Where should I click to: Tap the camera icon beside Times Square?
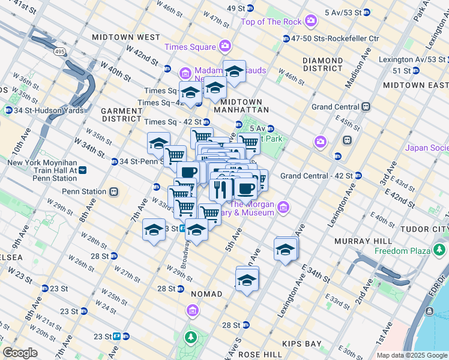pyautogui.click(x=224, y=46)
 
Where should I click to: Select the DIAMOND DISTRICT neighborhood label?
pyautogui.click(x=323, y=65)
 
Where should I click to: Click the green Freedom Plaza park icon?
pyautogui.click(x=442, y=250)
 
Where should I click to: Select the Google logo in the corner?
pyautogui.click(x=20, y=353)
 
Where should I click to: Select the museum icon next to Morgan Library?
pyautogui.click(x=283, y=208)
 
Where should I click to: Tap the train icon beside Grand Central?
pyautogui.click(x=365, y=107)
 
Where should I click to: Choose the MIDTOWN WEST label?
pyautogui.click(x=126, y=37)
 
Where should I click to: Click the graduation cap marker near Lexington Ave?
pyautogui.click(x=286, y=250)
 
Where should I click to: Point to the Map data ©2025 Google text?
pyautogui.click(x=411, y=355)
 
